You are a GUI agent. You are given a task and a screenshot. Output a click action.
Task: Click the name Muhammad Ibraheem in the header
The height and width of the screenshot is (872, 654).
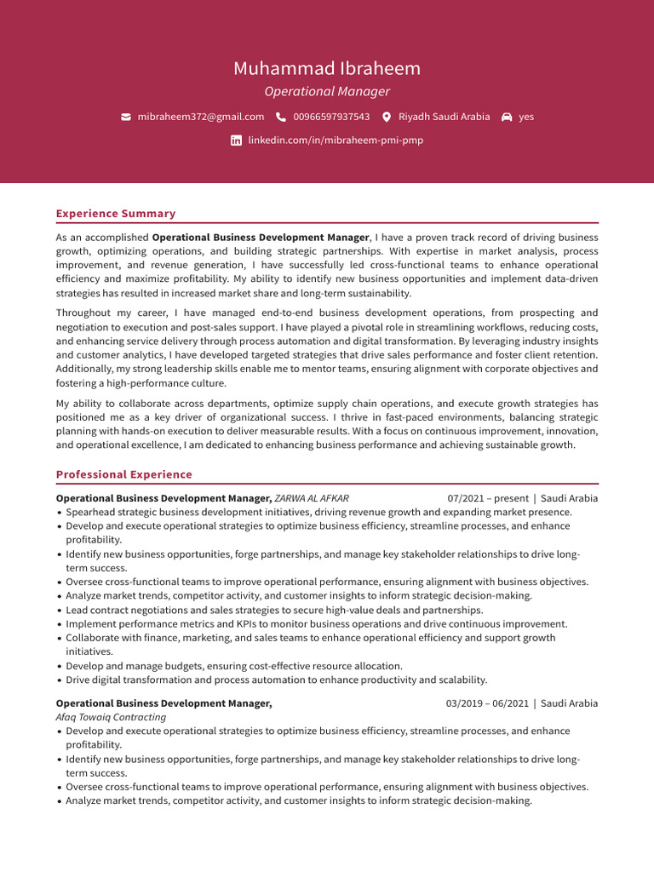coord(327,68)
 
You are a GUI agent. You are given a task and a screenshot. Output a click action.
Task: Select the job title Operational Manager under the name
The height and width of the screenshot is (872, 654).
coord(327,91)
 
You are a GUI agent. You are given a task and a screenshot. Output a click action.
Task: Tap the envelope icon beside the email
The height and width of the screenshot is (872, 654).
coord(126,117)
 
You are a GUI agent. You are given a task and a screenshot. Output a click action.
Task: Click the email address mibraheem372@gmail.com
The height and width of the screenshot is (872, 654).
coord(201,117)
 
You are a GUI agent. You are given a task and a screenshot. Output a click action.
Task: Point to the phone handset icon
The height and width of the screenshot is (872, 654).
coord(281,117)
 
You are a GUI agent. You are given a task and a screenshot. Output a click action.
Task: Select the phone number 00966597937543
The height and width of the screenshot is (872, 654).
coord(331,117)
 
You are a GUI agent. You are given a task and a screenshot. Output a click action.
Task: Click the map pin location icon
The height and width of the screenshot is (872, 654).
coord(387,117)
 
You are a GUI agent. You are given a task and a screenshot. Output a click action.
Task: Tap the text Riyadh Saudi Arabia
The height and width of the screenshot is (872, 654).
coord(445,117)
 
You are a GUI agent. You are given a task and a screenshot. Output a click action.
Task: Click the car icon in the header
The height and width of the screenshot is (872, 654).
coord(507,117)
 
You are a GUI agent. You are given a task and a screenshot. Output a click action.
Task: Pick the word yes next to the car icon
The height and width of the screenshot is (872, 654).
coord(526,117)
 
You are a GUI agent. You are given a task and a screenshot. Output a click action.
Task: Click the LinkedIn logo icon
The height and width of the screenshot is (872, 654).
coord(236,141)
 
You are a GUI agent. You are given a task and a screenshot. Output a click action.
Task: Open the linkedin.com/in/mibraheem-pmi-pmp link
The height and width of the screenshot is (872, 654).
coord(336,141)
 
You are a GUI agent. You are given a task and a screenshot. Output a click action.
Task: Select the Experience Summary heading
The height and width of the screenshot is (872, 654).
coord(116,214)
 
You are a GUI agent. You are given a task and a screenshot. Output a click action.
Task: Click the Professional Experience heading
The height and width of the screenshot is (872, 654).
coord(124,474)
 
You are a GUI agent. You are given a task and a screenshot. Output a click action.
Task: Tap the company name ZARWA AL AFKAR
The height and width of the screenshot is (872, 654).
coord(312,498)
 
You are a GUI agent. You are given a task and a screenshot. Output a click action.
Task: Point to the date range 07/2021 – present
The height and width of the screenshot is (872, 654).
coord(487,498)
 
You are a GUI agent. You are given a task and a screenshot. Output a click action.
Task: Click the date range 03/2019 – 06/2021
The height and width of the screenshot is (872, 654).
coord(486,703)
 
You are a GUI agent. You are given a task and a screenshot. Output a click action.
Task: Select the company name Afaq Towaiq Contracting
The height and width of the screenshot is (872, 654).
coord(111,717)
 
